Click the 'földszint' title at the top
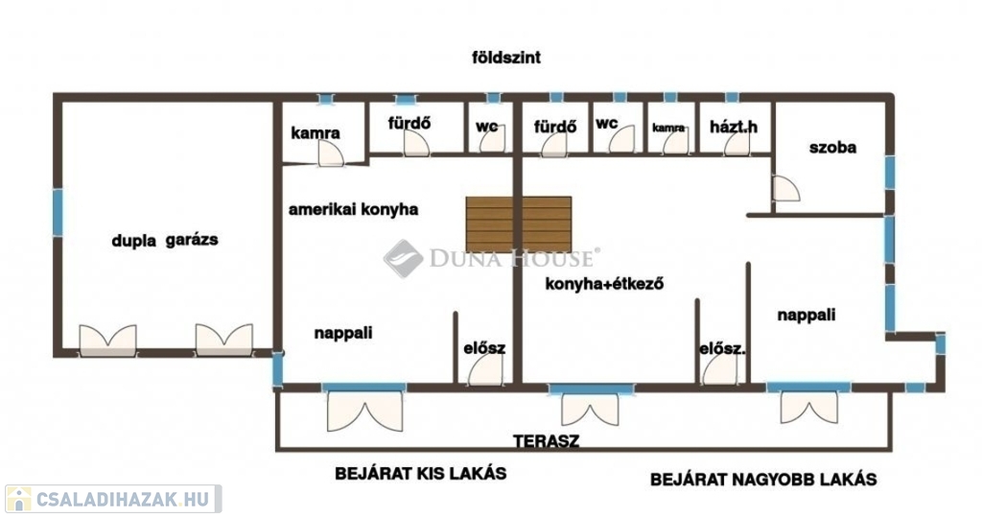(x=506, y=58)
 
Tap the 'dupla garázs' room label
(x=165, y=240)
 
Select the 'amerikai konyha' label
(x=353, y=209)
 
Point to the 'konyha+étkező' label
(x=604, y=284)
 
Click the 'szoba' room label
(x=832, y=148)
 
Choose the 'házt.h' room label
(x=734, y=128)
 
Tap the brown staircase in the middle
(x=519, y=224)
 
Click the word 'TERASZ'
(x=546, y=441)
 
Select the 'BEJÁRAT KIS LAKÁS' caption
(x=420, y=473)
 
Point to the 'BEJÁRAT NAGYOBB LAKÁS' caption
(x=763, y=480)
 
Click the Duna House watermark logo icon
(x=403, y=258)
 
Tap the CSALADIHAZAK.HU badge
(x=113, y=499)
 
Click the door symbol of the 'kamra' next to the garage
(x=331, y=153)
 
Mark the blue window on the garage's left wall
(x=58, y=213)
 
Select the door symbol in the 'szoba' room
(x=786, y=189)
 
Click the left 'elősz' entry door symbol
(x=485, y=370)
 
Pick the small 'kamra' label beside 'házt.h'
(x=668, y=128)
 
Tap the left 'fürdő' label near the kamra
(x=409, y=123)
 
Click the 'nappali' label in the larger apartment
(x=806, y=315)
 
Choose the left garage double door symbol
(x=107, y=341)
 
